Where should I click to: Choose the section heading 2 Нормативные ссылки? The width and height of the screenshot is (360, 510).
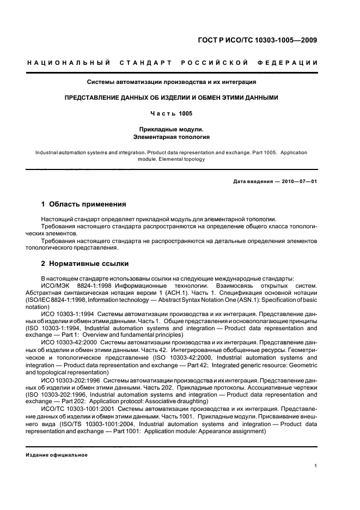pyautogui.click(x=85, y=264)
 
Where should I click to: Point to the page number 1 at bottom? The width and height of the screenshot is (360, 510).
pyautogui.click(x=316, y=466)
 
